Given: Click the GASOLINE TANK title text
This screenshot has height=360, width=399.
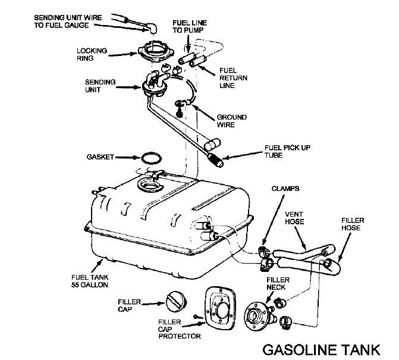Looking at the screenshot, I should click(328, 346).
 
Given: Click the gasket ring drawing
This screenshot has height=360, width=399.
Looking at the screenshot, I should click(151, 158).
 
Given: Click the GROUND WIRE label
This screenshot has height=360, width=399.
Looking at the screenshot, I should click(231, 121).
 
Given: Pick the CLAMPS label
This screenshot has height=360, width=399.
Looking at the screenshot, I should click(285, 188).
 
